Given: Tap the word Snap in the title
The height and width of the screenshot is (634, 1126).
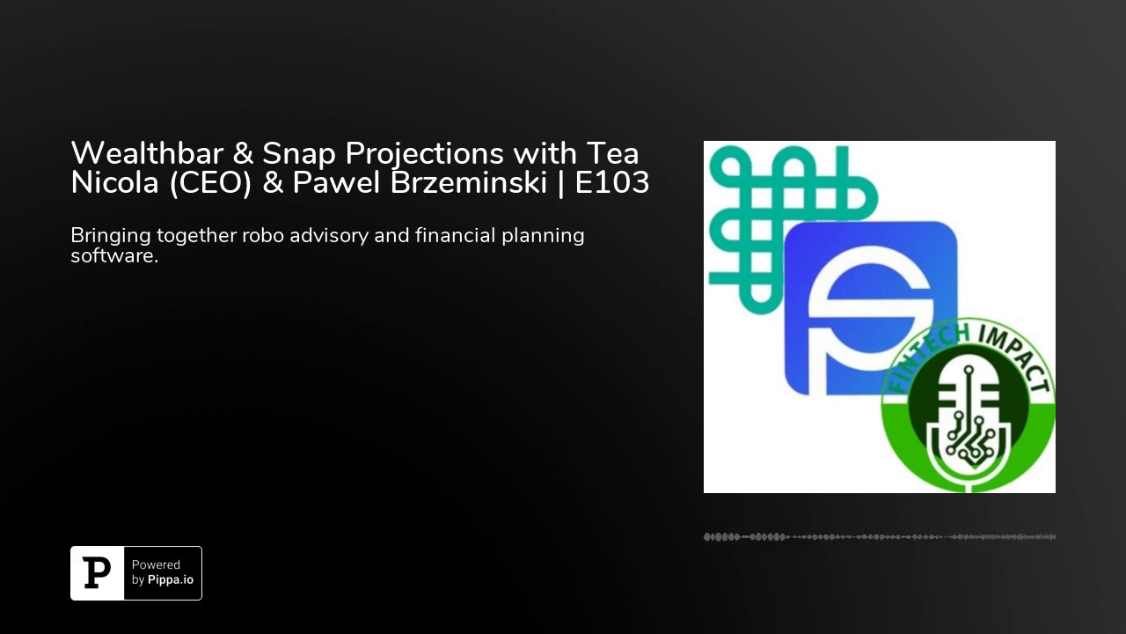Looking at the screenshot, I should (296, 153).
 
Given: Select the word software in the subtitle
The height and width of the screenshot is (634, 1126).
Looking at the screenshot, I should (113, 256).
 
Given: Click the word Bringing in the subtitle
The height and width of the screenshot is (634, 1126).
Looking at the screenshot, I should (110, 236).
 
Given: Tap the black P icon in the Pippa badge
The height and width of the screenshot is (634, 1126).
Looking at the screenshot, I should (97, 573).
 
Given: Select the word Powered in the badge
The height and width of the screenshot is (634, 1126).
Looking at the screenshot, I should (156, 565).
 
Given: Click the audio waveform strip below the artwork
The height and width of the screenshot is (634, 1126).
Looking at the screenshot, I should (880, 536).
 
